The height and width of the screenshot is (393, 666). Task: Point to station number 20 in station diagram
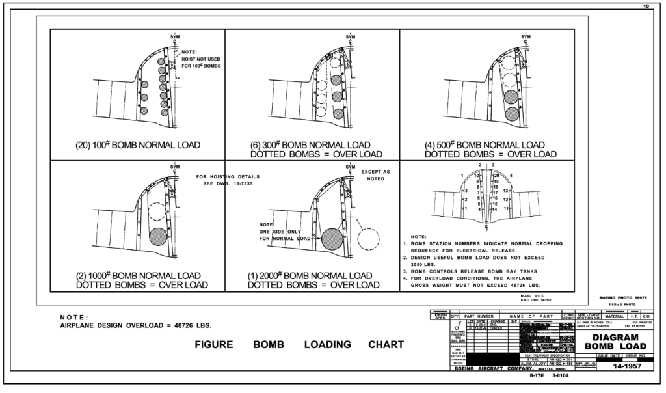(496, 176)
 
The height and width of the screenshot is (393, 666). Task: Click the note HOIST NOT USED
(201, 59)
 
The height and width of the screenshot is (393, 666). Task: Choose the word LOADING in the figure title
(327, 345)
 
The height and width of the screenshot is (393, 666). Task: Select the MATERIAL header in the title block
(614, 316)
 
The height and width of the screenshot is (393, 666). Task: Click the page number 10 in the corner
(646, 6)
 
